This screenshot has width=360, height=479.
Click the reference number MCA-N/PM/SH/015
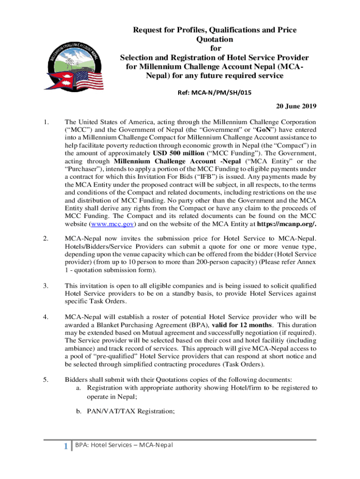pyautogui.click(x=215, y=93)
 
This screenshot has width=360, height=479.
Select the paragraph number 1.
pyautogui.click(x=45, y=123)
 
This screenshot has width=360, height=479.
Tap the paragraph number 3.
pyautogui.click(x=45, y=285)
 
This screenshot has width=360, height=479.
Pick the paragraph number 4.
pyautogui.click(x=45, y=317)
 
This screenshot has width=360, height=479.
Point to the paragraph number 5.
pyautogui.click(x=45, y=379)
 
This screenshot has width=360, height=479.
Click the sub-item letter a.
pyautogui.click(x=78, y=388)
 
